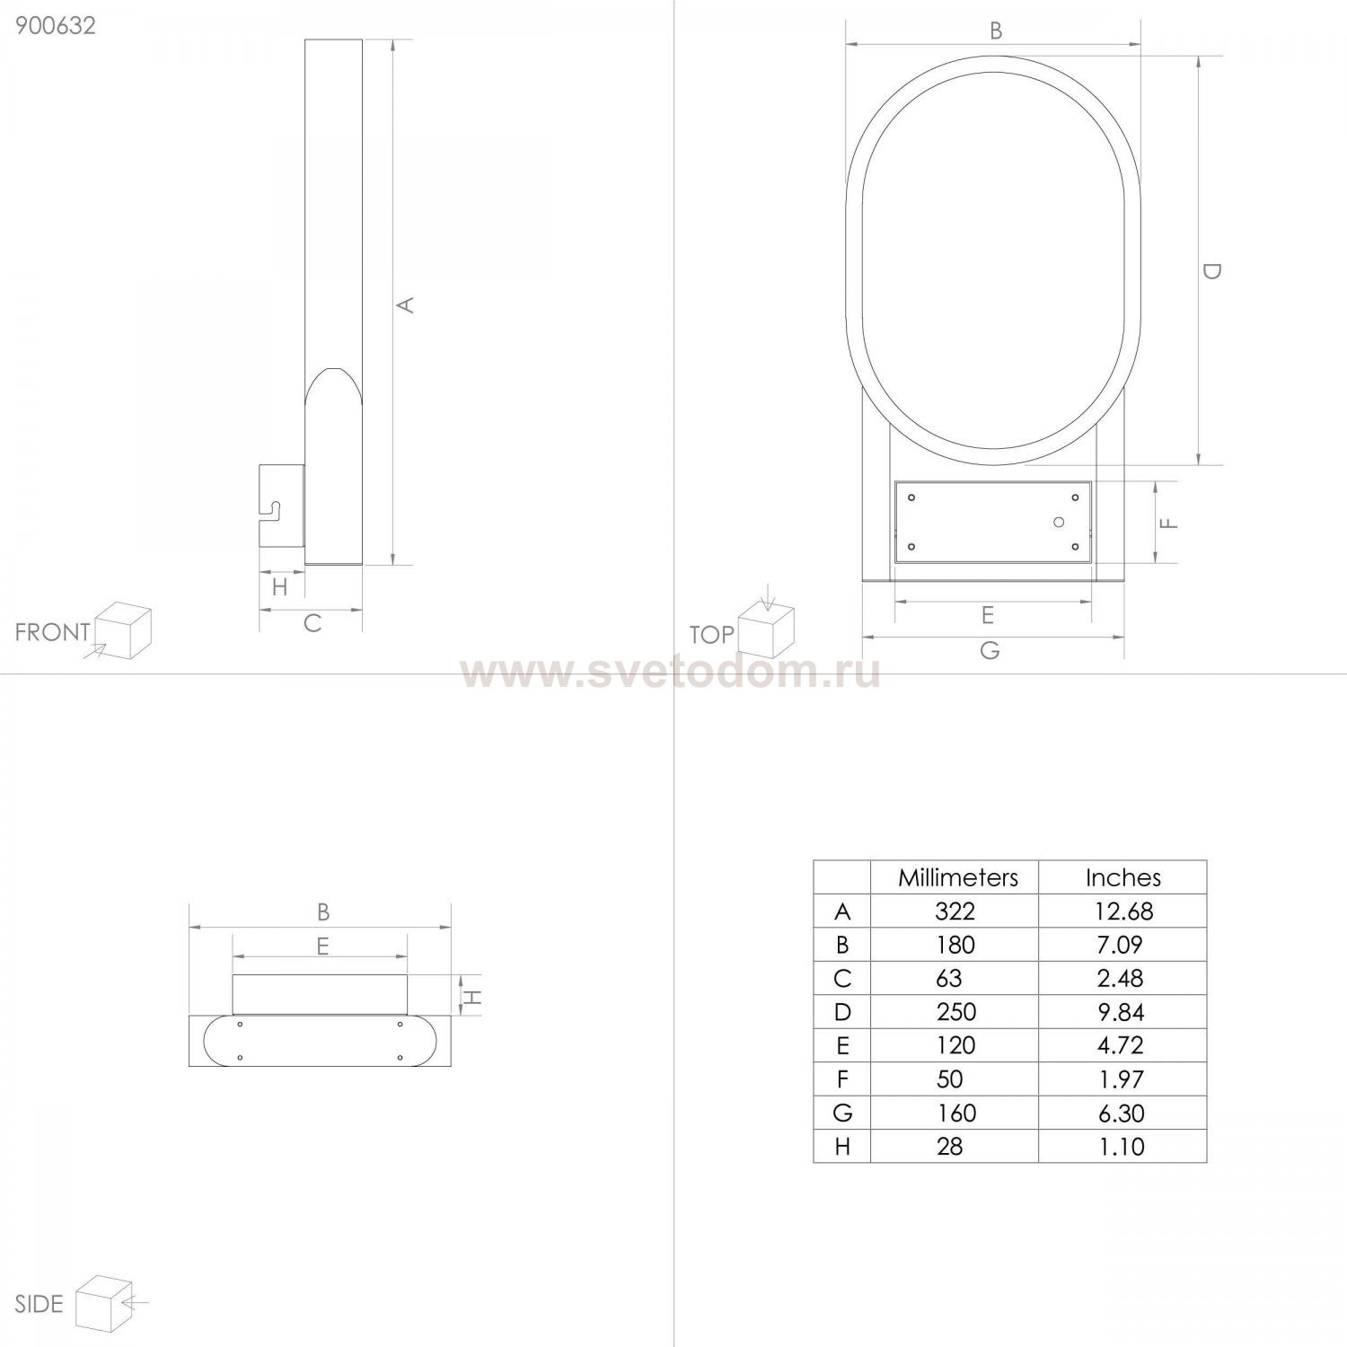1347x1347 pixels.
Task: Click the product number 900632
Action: pyautogui.click(x=56, y=25)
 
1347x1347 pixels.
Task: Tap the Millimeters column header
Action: pyautogui.click(x=957, y=877)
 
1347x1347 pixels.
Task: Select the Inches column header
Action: pyautogui.click(x=1122, y=877)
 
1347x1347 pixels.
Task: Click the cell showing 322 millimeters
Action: pyautogui.click(x=955, y=911)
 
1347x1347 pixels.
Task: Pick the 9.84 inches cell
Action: pyautogui.click(x=1121, y=1013)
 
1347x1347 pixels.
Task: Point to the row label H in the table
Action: pyautogui.click(x=841, y=1147)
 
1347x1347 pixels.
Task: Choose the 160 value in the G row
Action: pyautogui.click(x=955, y=1114)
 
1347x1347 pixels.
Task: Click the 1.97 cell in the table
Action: pyautogui.click(x=1121, y=1079)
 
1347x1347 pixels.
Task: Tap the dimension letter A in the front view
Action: pyautogui.click(x=406, y=305)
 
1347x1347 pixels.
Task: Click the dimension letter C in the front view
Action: pyautogui.click(x=312, y=623)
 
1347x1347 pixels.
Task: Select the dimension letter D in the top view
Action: pyautogui.click(x=1211, y=270)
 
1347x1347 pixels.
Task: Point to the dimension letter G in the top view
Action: pyautogui.click(x=990, y=650)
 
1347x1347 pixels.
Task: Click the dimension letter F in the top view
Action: pyautogui.click(x=1168, y=523)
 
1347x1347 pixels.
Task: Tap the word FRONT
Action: pyautogui.click(x=52, y=632)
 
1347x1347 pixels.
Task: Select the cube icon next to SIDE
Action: pyautogui.click(x=104, y=1302)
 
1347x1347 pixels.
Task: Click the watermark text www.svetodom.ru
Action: pyautogui.click(x=670, y=672)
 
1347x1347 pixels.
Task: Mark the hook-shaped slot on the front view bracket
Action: pyautogui.click(x=272, y=509)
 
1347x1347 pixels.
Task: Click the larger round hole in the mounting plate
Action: pyautogui.click(x=1059, y=523)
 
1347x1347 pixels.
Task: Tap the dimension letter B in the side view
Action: pyautogui.click(x=323, y=912)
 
